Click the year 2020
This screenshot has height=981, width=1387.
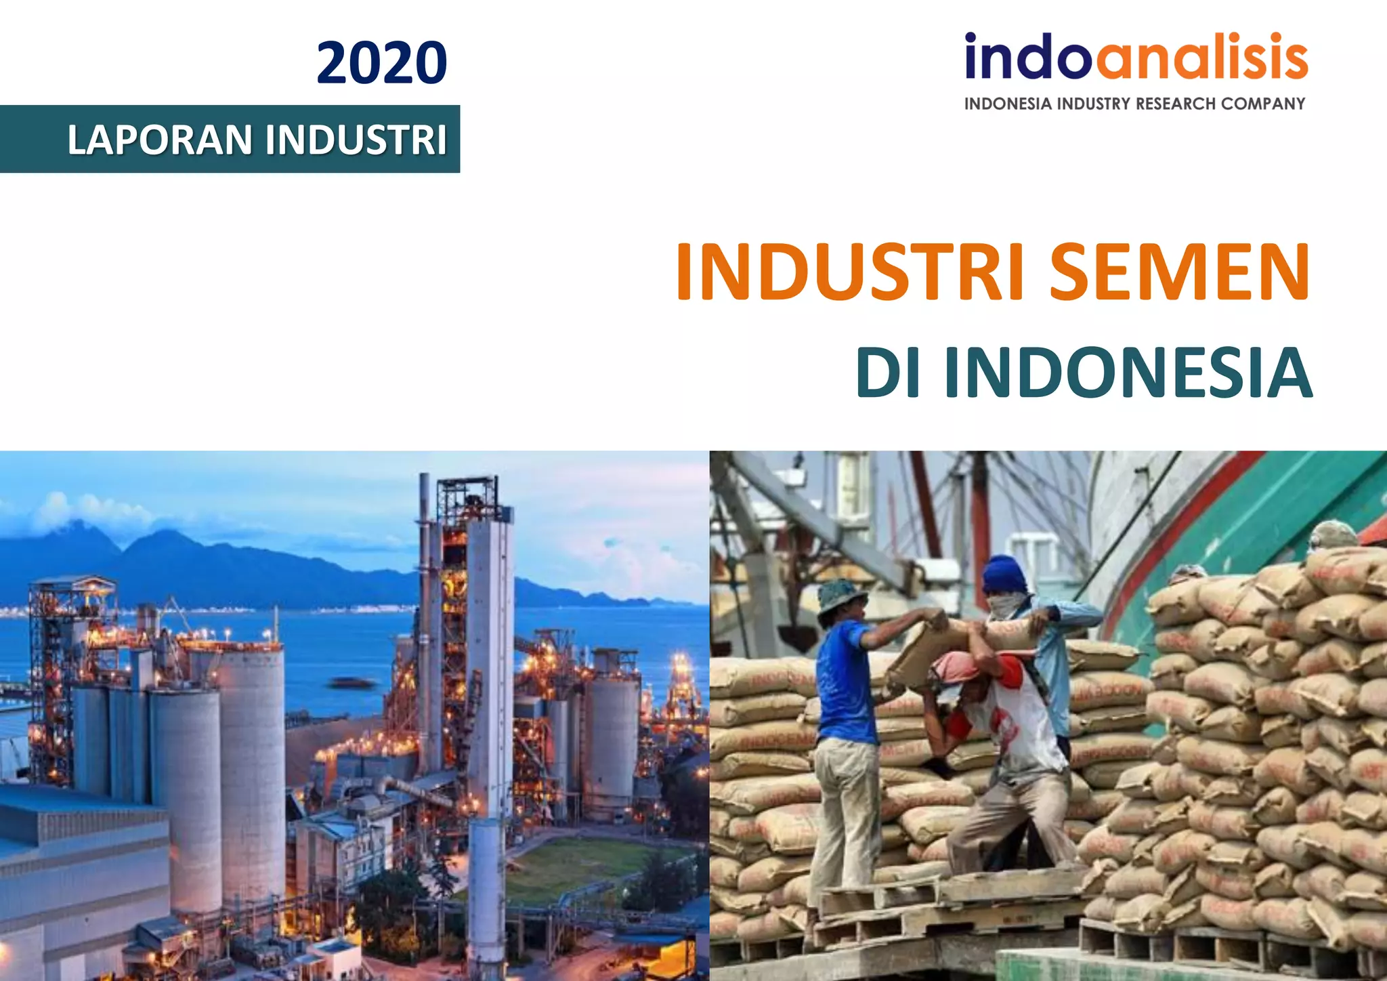click(x=381, y=63)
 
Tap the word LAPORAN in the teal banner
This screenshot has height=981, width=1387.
click(x=160, y=140)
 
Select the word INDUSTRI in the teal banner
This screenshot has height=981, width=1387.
click(x=356, y=140)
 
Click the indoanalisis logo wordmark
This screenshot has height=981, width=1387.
click(x=1136, y=58)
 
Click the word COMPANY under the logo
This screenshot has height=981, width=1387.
click(x=1263, y=104)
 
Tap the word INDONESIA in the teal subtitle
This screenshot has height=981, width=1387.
click(x=1128, y=373)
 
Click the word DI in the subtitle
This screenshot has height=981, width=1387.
click(x=888, y=373)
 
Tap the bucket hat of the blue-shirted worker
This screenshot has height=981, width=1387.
click(x=840, y=593)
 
